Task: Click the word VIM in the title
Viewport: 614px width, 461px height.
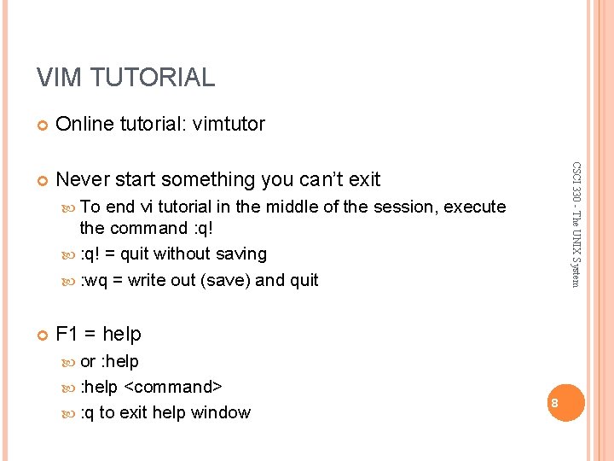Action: point(59,78)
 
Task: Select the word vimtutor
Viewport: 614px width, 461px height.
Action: point(229,125)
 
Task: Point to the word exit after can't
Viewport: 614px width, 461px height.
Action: point(364,179)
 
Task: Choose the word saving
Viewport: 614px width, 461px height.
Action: point(240,254)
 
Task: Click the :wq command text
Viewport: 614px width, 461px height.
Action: point(93,280)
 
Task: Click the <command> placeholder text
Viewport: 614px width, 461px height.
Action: point(174,387)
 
